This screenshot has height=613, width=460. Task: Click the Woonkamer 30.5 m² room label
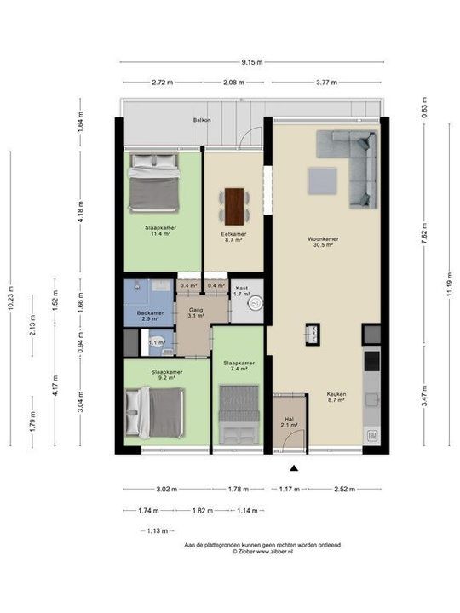pyautogui.click(x=323, y=242)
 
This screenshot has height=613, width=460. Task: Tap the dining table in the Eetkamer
pyautogui.click(x=234, y=206)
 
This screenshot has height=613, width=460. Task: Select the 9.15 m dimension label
pyautogui.click(x=252, y=62)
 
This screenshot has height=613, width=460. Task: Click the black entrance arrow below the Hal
pyautogui.click(x=294, y=468)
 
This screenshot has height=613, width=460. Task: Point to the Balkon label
pyautogui.click(x=202, y=120)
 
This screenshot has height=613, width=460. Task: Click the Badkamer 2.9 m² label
pyautogui.click(x=150, y=316)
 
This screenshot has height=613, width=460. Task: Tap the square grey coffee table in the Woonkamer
pyautogui.click(x=322, y=180)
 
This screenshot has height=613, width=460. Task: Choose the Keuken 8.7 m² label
pyautogui.click(x=336, y=398)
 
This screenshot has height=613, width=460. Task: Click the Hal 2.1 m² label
pyautogui.click(x=290, y=421)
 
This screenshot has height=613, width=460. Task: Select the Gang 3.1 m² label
pyautogui.click(x=196, y=312)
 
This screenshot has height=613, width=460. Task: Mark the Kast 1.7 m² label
pyautogui.click(x=241, y=291)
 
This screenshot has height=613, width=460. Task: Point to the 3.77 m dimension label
pyautogui.click(x=326, y=83)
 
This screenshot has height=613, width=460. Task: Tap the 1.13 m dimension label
pyautogui.click(x=158, y=530)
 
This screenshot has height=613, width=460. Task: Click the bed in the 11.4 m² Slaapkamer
pyautogui.click(x=154, y=182)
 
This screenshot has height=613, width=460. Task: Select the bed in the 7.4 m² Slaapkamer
pyautogui.click(x=239, y=415)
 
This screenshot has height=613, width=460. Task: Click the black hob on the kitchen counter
pyautogui.click(x=371, y=361)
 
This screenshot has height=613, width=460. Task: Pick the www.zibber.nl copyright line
pyautogui.click(x=262, y=552)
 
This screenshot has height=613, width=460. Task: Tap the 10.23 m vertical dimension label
pyautogui.click(x=10, y=298)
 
